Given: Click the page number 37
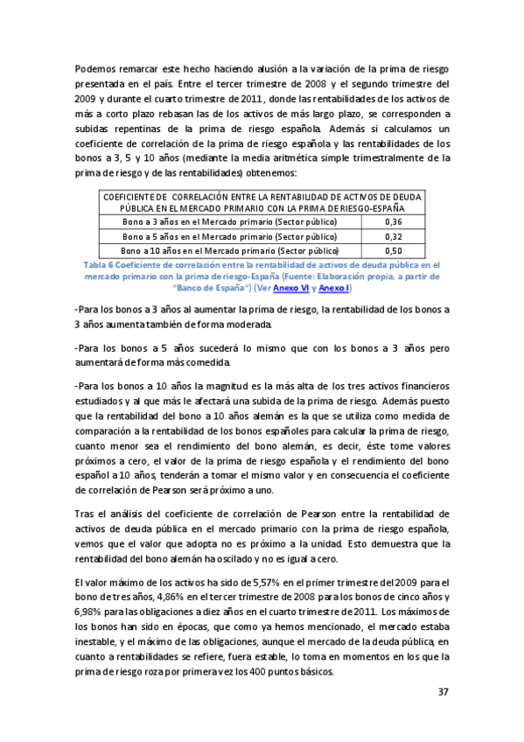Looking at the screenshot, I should [443, 692].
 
